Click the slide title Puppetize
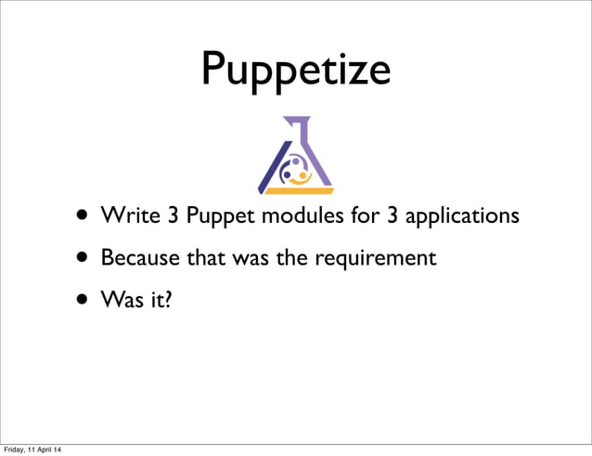click(295, 69)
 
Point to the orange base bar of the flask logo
click(295, 190)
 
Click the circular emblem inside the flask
click(294, 170)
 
